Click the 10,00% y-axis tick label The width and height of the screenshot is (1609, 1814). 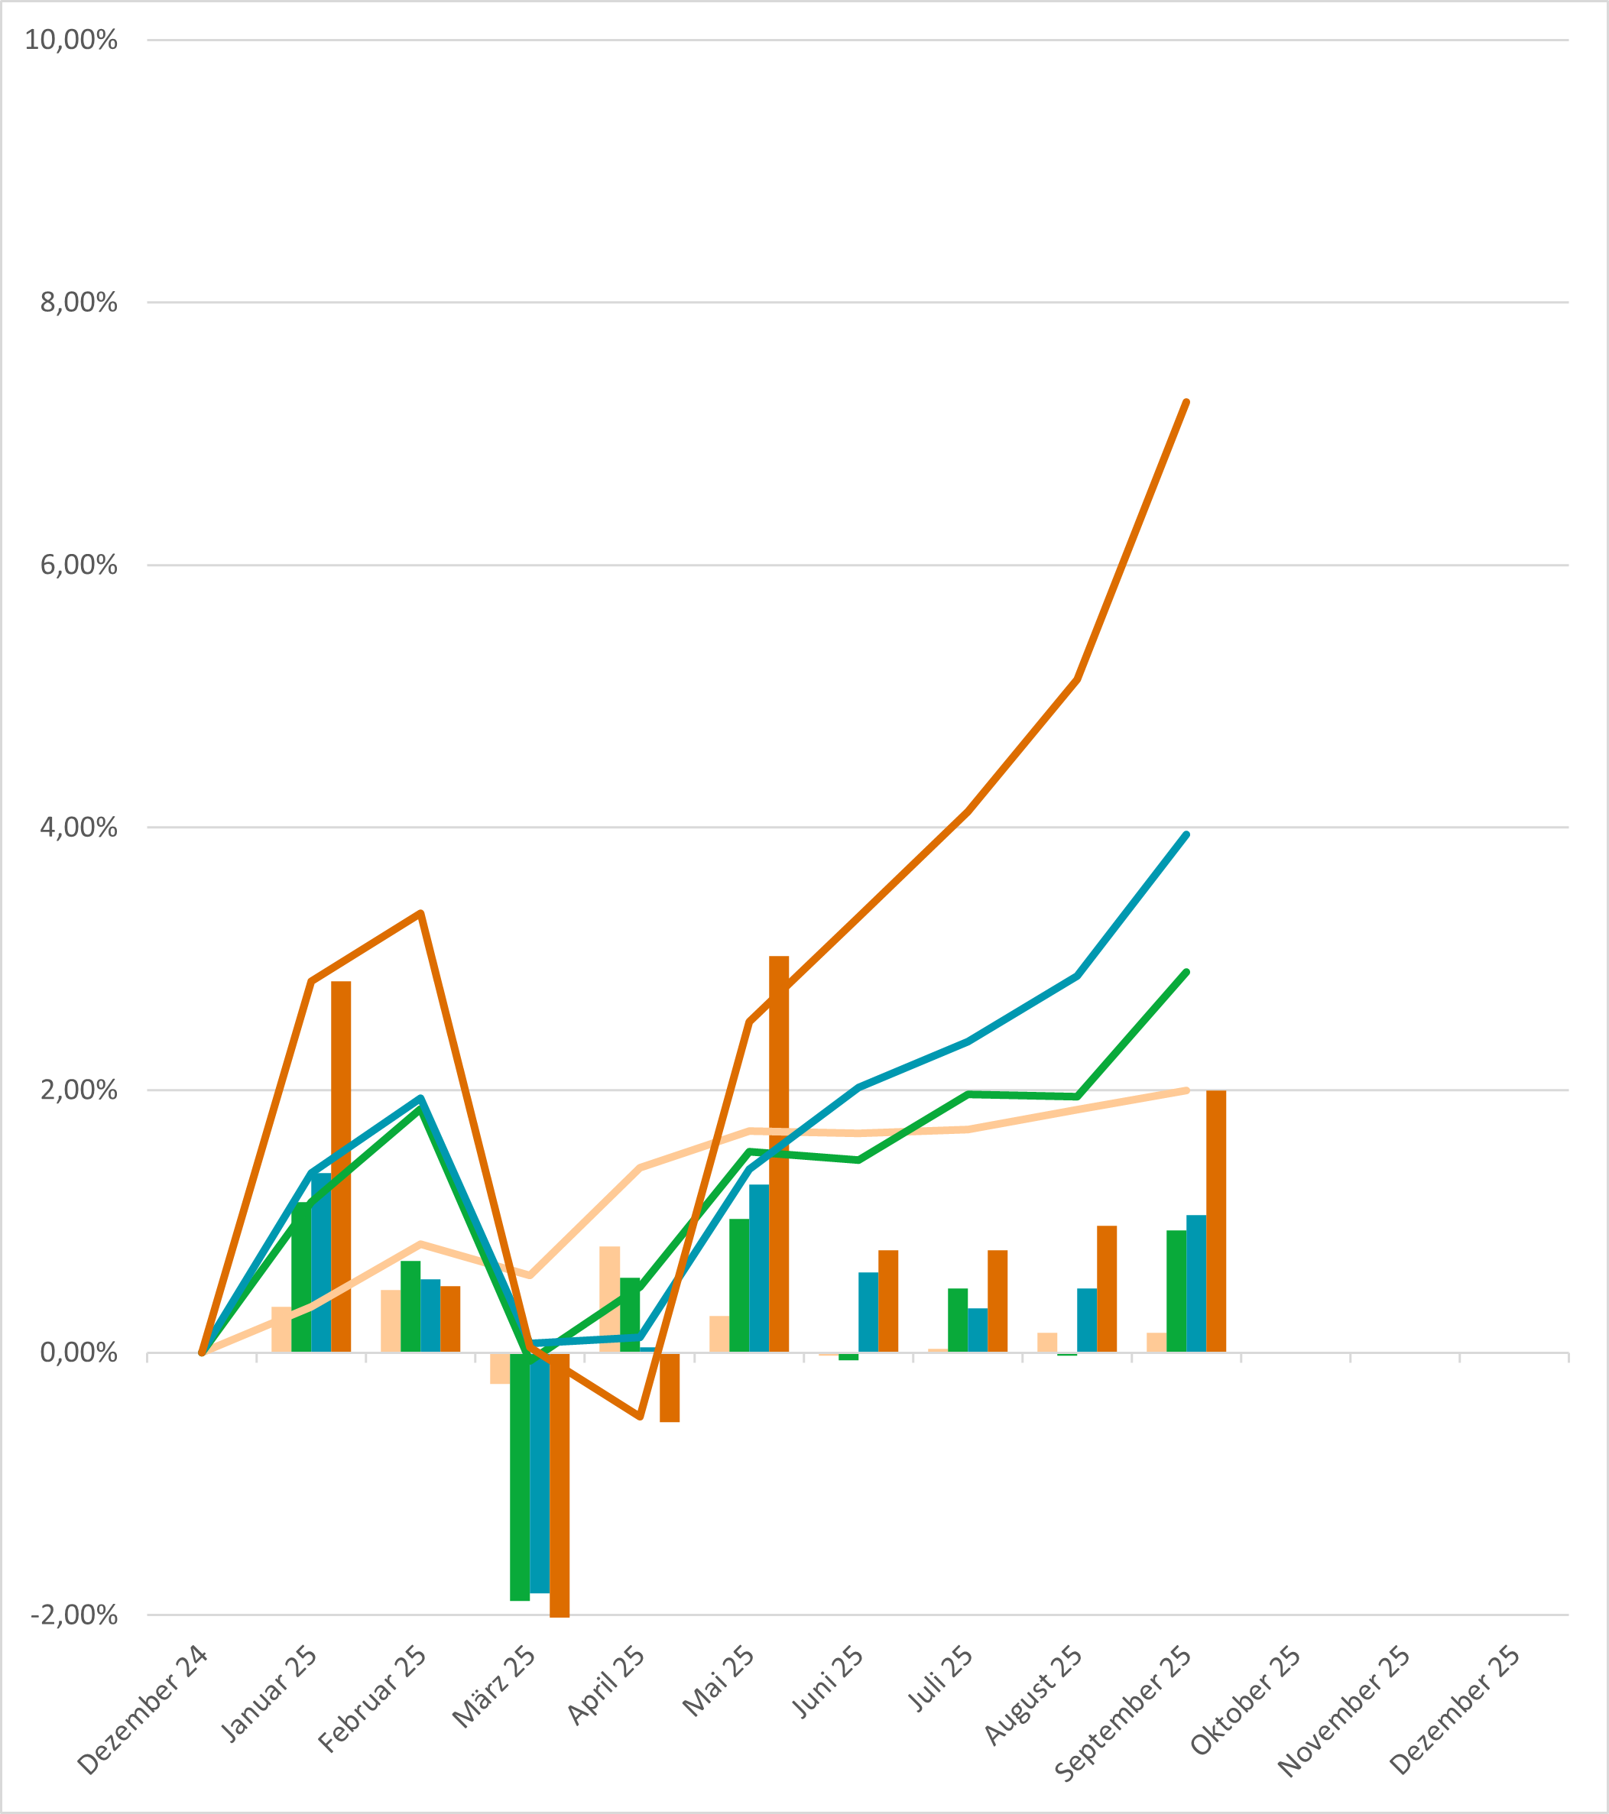coord(71,40)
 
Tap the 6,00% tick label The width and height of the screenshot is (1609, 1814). coord(78,565)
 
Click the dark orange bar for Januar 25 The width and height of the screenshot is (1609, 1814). coord(341,1167)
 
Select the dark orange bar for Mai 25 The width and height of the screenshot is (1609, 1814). coord(779,1154)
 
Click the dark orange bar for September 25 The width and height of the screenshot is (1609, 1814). coord(1215,1221)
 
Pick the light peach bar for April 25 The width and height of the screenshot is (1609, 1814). coord(609,1299)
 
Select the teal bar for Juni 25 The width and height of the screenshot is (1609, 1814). coord(868,1313)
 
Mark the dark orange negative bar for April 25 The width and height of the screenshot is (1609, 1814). coord(670,1387)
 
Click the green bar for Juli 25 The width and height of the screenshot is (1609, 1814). coord(957,1320)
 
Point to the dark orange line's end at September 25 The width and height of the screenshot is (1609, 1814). coord(1186,403)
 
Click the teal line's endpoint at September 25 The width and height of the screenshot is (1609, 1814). coord(1186,835)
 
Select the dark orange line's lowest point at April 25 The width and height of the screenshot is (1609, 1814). coord(639,1417)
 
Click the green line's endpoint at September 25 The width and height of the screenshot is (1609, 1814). coord(1186,973)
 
